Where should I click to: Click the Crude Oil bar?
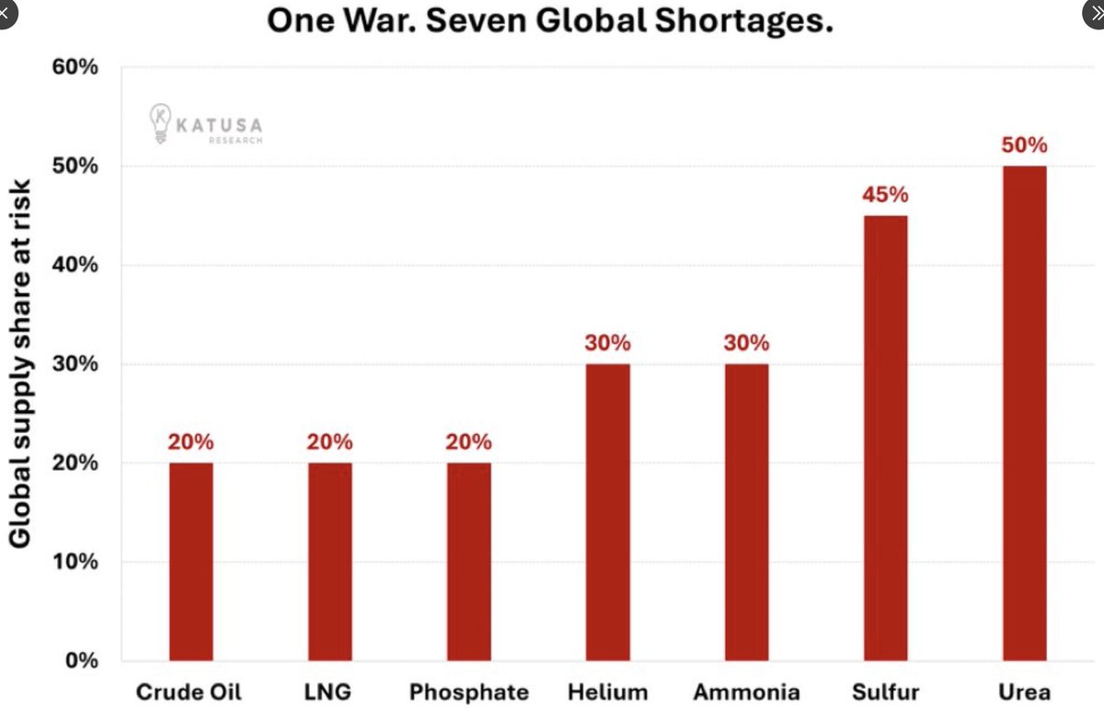pos(191,562)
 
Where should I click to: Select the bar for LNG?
pos(330,562)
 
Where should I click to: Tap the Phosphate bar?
pos(469,562)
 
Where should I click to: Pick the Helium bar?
pos(608,512)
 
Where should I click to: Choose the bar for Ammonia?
pos(747,512)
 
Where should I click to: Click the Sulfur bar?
pos(886,438)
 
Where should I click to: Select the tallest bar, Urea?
pos(1025,414)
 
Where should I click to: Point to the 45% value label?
pos(885,195)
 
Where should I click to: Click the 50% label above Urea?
pos(1024,145)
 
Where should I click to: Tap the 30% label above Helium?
pos(608,343)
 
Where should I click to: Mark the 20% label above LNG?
pos(329,442)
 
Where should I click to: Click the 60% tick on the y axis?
pos(75,67)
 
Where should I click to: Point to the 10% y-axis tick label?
pos(75,562)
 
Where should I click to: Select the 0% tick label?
pos(82,660)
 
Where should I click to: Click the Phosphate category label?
pos(469,692)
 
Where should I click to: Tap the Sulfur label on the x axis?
pos(886,692)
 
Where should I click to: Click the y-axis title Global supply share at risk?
pos(20,363)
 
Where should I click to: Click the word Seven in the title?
pos(477,21)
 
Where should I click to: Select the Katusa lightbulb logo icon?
pos(160,123)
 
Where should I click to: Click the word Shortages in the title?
pos(743,22)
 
